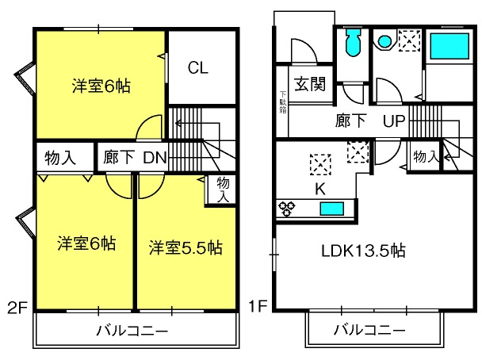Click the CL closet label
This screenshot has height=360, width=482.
tap(197, 67)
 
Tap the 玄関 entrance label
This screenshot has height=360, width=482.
tap(310, 83)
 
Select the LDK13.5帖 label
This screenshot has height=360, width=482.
tap(363, 251)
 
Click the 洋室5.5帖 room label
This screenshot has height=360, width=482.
tap(186, 247)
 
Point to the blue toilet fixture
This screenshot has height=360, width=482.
tap(353, 42)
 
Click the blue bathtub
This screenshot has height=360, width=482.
tap(449, 46)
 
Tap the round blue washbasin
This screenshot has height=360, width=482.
tap(384, 41)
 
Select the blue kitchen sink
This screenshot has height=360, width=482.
tap(332, 209)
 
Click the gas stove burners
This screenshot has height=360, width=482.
tap(286, 209)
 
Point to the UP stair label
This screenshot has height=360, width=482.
tap(394, 121)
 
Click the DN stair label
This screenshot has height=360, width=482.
tap(155, 158)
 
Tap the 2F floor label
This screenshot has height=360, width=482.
tap(17, 308)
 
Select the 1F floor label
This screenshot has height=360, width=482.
tap(258, 306)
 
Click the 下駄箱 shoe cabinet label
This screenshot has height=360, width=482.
tap(283, 101)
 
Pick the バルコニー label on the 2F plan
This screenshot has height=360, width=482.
tap(132, 331)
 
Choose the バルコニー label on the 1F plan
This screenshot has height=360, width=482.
tap(369, 330)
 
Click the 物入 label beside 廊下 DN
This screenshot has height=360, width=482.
tap(60, 158)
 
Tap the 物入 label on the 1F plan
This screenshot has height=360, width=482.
tap(426, 156)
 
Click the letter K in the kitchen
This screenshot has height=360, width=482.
tap(320, 189)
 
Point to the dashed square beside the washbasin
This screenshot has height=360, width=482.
tap(409, 40)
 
